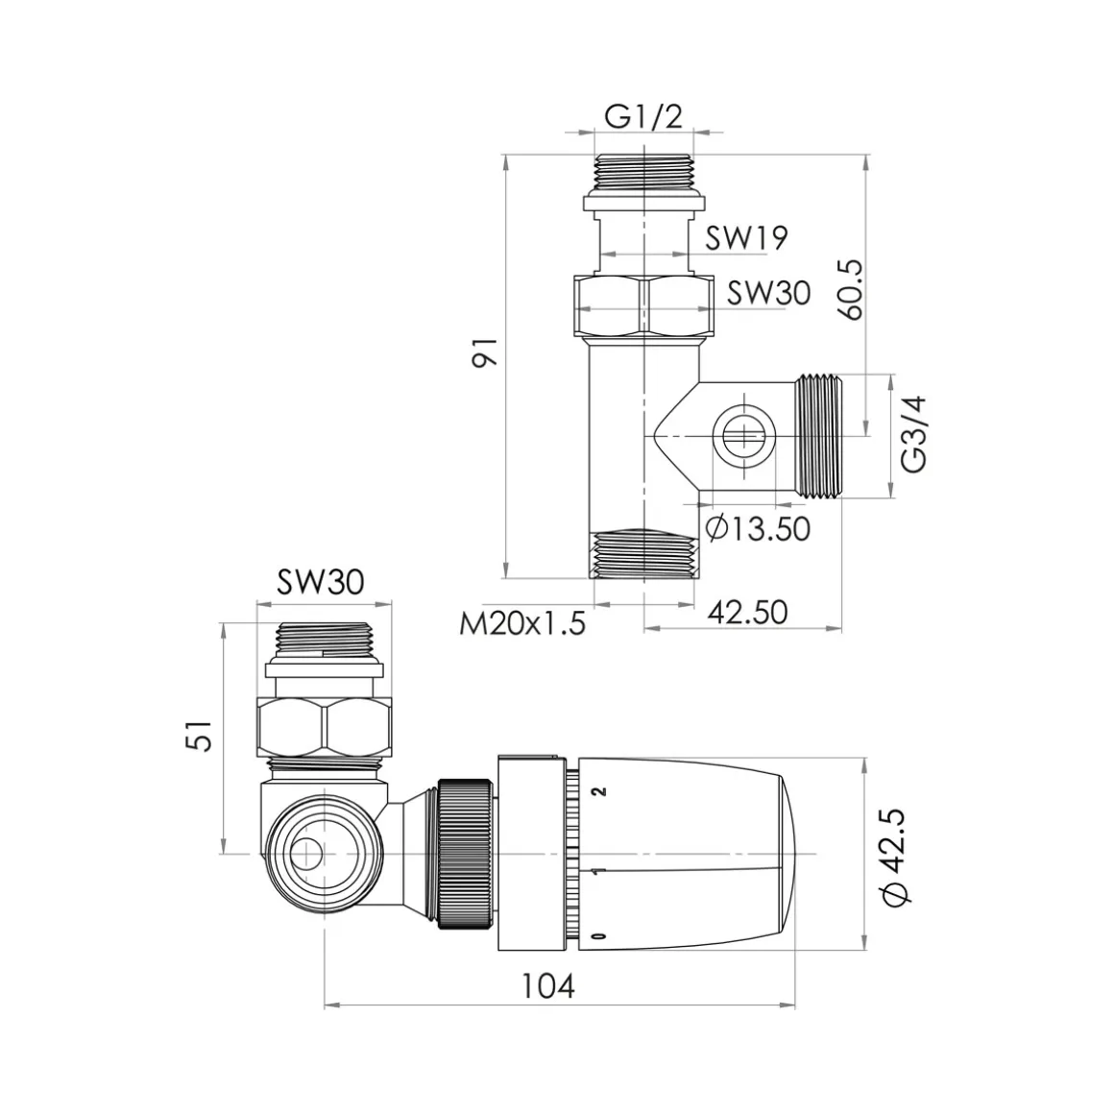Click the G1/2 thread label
point(643,117)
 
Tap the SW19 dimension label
point(746,238)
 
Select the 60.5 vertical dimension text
point(853,289)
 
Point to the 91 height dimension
point(486,351)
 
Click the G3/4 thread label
point(913,434)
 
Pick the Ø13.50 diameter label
point(758,528)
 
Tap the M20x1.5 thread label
point(522,624)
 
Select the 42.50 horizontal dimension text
point(748,613)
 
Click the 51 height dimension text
point(203,736)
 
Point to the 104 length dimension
point(547,986)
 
